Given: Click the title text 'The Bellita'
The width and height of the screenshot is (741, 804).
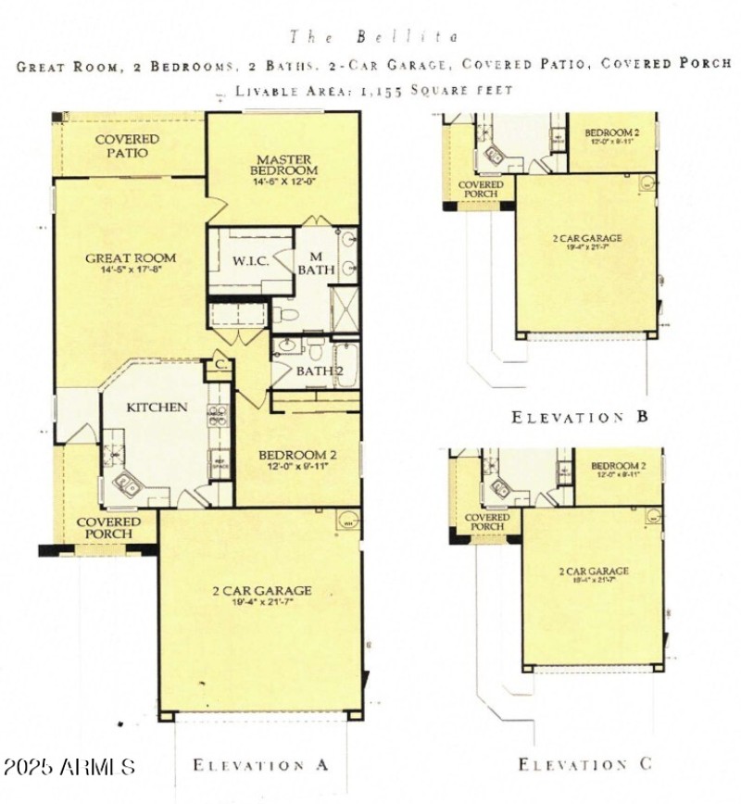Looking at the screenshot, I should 374,37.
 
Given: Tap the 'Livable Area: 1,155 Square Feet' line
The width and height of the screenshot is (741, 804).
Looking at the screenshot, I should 373,90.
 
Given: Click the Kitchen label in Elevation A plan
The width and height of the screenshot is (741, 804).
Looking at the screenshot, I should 157,407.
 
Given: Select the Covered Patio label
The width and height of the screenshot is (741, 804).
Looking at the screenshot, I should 127,145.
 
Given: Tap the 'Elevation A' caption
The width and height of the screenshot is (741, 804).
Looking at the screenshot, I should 260,765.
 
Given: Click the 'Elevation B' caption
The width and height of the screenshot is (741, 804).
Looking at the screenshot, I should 580,417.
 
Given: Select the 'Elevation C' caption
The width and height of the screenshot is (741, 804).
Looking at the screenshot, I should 584,764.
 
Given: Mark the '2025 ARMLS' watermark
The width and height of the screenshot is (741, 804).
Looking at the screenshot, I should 69,767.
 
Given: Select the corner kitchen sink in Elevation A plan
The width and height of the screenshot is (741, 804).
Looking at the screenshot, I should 126,484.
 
